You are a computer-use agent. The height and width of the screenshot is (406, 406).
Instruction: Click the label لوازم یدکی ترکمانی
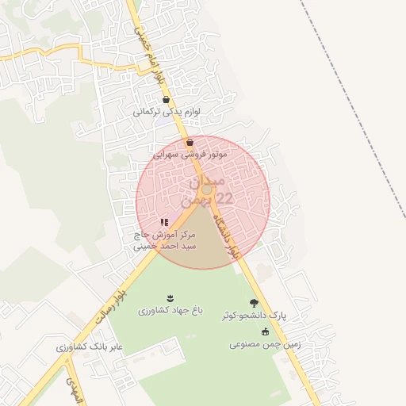(165, 112)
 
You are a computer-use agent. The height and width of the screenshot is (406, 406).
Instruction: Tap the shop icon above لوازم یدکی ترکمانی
(165, 100)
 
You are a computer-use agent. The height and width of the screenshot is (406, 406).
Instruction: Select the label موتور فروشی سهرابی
(190, 155)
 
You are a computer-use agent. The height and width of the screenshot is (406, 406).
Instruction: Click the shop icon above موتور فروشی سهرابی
(190, 143)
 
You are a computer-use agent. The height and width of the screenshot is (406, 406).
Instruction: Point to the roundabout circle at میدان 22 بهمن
(206, 190)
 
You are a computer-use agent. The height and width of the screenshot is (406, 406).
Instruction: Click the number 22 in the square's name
(224, 199)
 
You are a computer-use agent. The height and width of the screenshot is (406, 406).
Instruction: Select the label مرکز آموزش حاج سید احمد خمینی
(164, 241)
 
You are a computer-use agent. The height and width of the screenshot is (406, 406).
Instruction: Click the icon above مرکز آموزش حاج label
(164, 223)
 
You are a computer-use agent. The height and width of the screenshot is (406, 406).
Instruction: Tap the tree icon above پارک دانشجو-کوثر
(254, 303)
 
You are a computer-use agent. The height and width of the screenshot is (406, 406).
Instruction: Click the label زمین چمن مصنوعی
(264, 344)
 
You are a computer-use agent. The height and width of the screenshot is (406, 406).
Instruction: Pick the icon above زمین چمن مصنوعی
(264, 332)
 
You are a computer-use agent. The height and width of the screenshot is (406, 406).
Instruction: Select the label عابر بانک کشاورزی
(90, 347)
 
